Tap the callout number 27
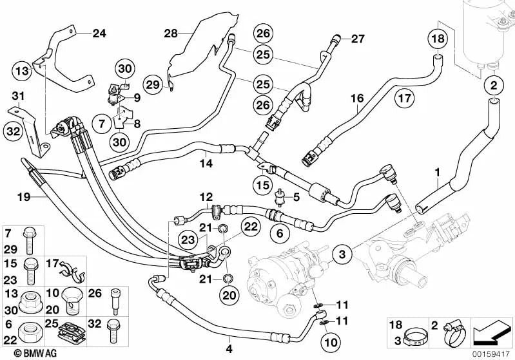tap(358, 39)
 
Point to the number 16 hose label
tap(357, 99)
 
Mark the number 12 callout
tap(205, 196)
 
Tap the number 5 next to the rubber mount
tap(297, 196)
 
